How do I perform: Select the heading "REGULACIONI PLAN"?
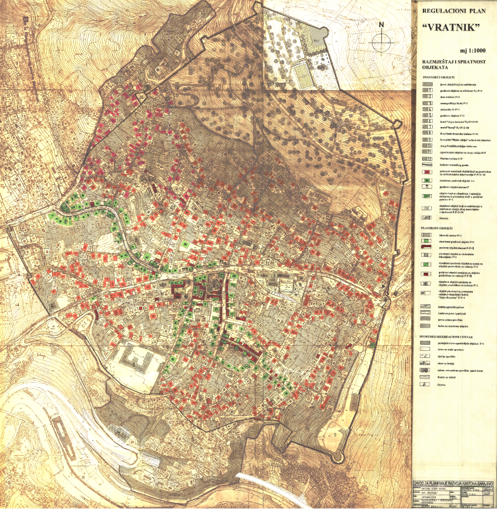pos(452,11)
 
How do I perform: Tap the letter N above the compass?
pos(381,25)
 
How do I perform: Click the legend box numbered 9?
pos(427,141)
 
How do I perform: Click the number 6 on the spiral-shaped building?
pos(134,361)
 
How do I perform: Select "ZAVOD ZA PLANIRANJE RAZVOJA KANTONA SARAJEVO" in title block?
pos(453,475)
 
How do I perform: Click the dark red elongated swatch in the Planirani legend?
pos(427,249)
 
